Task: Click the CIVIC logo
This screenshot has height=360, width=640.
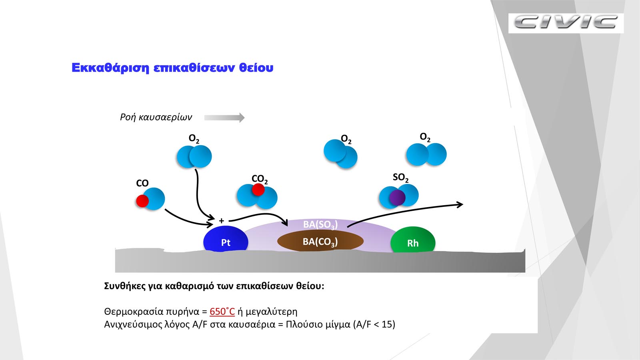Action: coord(566,22)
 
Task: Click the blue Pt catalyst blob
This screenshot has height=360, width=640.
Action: coord(226,239)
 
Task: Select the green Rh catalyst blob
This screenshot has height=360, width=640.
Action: coord(413,240)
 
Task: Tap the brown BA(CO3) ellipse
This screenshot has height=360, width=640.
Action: coord(320,240)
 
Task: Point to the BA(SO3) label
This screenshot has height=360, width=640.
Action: coord(320,224)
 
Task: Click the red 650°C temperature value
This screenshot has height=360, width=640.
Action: coord(222,312)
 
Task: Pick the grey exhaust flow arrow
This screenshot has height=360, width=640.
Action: coord(224,118)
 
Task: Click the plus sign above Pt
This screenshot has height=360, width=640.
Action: coord(222,220)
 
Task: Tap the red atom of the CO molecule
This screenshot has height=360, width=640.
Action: coord(142,201)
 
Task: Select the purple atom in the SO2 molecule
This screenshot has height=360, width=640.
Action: coord(397,198)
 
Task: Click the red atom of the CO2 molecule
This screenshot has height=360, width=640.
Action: coord(258,190)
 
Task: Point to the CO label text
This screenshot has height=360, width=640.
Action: coord(142,183)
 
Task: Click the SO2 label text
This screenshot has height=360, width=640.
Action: coord(400,178)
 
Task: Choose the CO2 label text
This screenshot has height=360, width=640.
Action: coord(260,179)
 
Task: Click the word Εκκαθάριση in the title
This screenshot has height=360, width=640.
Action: coord(110,68)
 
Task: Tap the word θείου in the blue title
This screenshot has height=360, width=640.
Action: coord(256,68)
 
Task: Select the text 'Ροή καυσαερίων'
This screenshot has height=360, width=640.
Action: coord(156,117)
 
